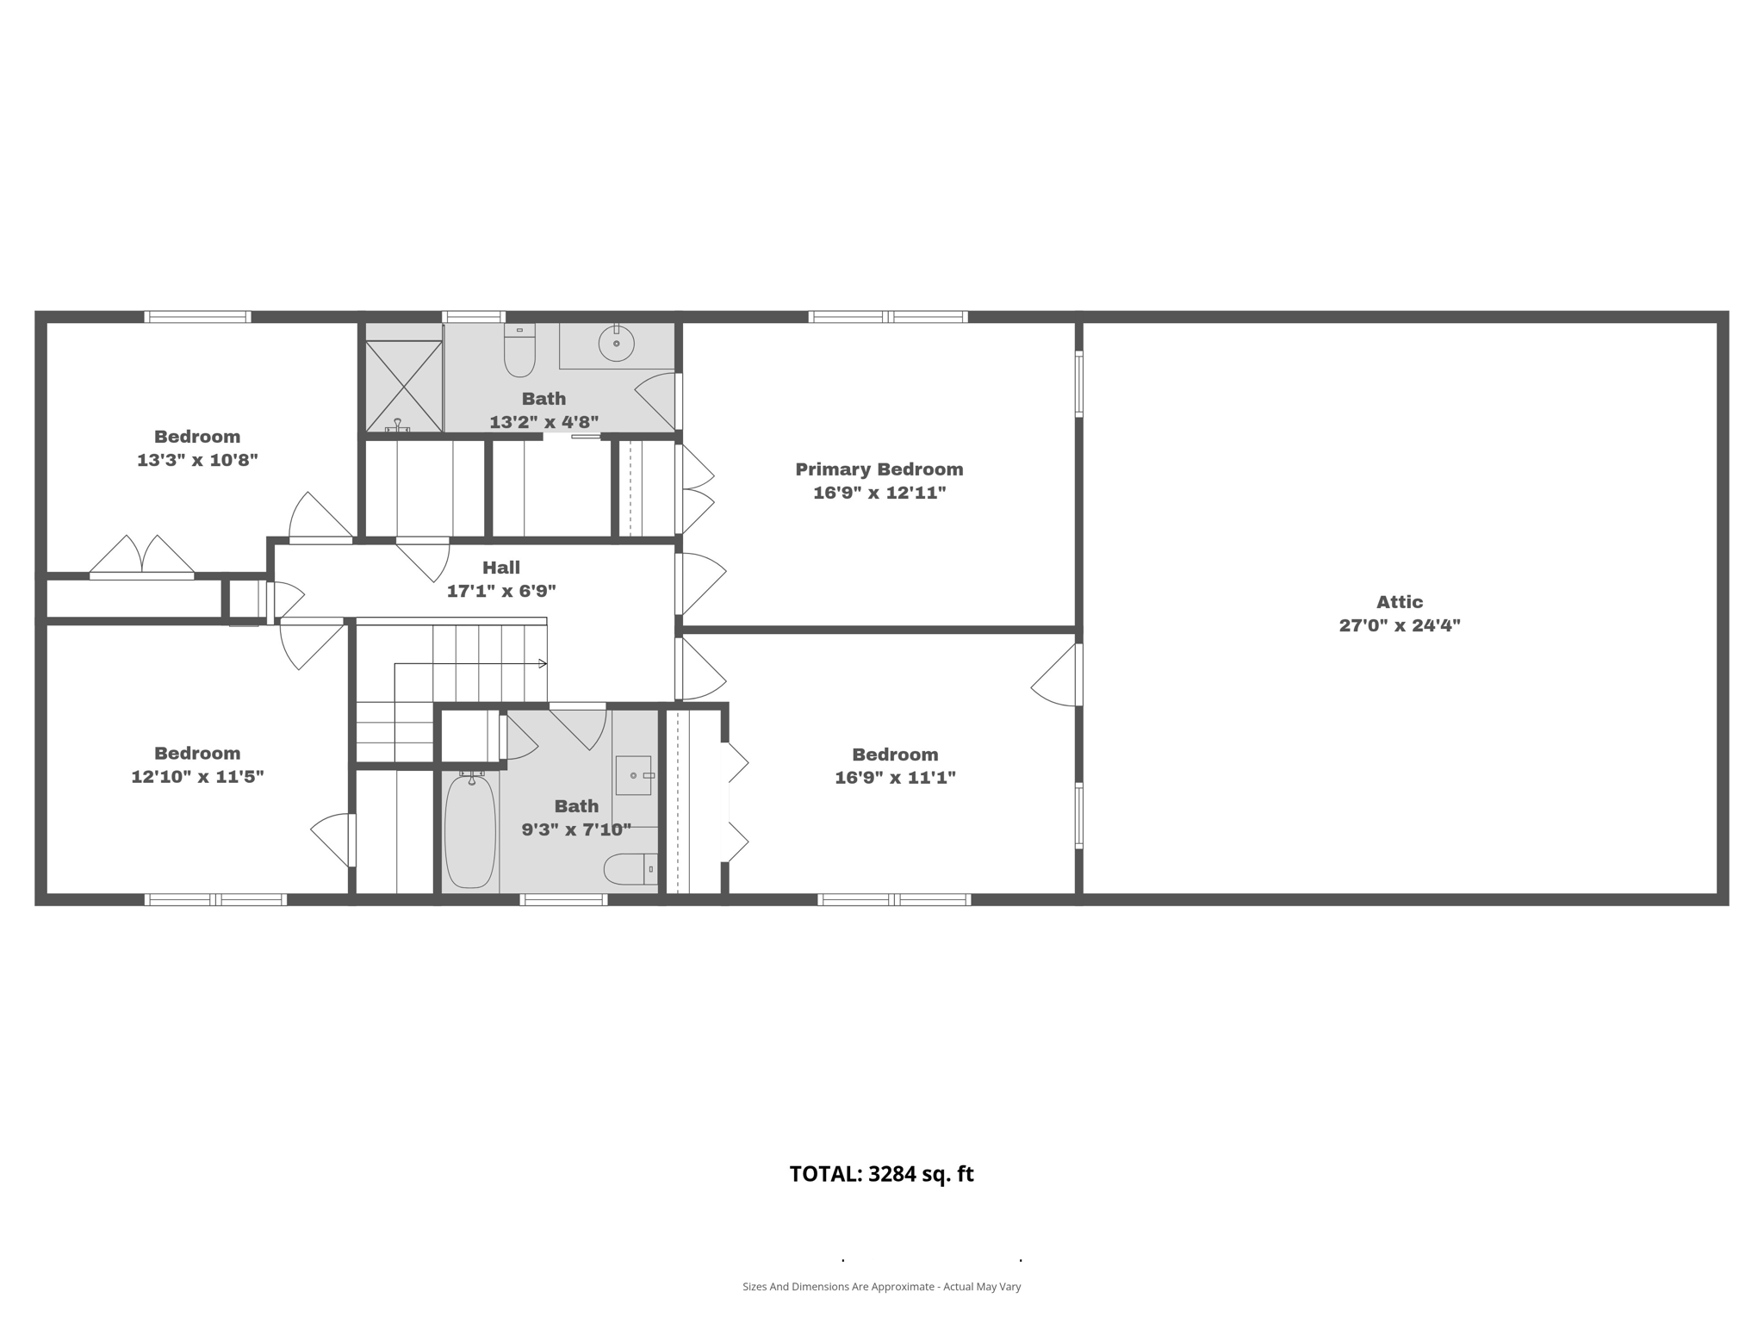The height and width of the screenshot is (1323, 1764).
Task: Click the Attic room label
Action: click(x=1399, y=602)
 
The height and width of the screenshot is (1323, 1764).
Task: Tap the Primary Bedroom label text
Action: click(x=879, y=469)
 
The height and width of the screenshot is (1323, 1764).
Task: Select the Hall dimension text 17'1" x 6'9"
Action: click(x=501, y=592)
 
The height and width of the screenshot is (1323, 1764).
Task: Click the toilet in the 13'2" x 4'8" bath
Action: click(x=519, y=352)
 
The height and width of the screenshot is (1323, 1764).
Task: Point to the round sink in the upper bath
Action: click(x=616, y=345)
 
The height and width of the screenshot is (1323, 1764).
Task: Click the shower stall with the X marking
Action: click(x=403, y=385)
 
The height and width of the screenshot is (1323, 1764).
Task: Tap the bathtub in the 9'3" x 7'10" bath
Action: click(x=470, y=830)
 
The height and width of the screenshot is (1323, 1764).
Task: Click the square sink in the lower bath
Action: click(x=633, y=775)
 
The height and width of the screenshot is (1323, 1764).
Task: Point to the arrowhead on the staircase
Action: click(x=543, y=663)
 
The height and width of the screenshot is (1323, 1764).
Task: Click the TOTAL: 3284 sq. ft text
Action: click(x=881, y=1174)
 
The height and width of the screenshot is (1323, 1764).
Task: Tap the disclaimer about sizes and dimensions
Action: click(x=881, y=1287)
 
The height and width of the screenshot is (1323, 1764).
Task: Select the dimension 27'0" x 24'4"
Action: click(x=1399, y=626)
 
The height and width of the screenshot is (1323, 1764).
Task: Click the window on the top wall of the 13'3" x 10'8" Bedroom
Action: click(x=197, y=317)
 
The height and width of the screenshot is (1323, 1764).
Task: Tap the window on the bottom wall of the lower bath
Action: click(x=563, y=900)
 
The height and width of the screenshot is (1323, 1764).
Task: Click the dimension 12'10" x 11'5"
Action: click(x=197, y=777)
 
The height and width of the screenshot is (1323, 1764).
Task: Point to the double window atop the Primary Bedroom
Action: click(x=887, y=317)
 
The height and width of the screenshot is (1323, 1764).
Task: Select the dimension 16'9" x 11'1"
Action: click(x=895, y=778)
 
